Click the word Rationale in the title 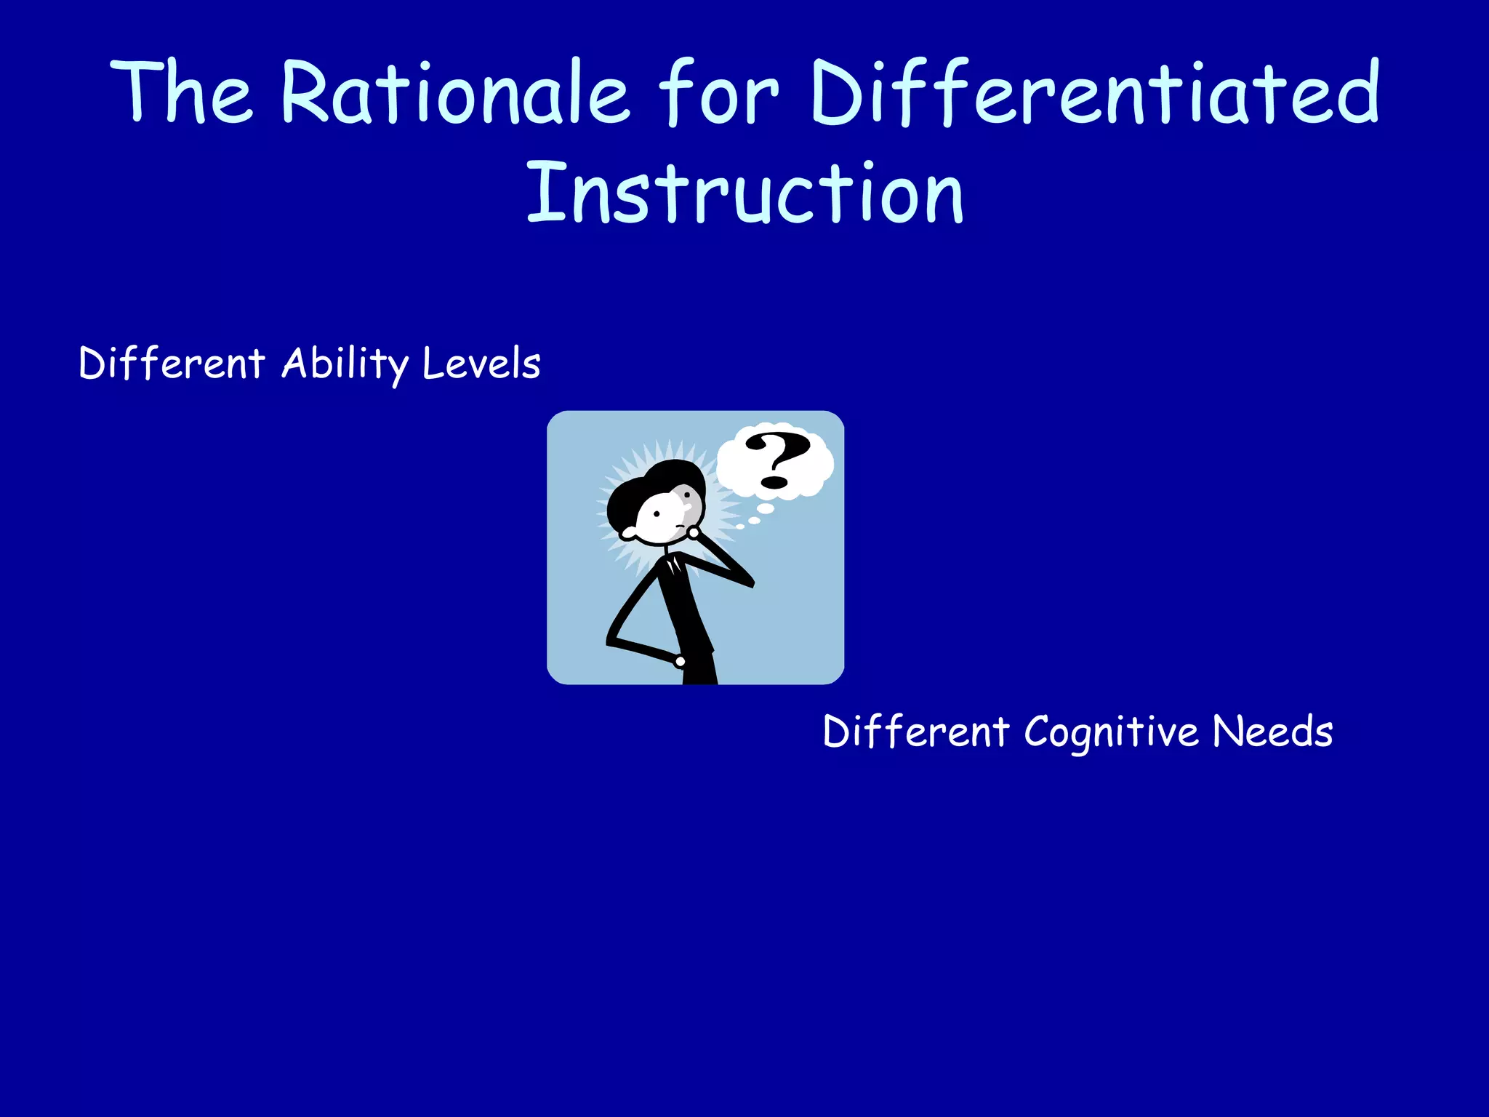coord(454,93)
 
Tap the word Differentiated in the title coord(1094,93)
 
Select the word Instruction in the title coord(744,193)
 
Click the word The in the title coord(182,93)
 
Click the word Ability coord(345,364)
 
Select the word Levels coord(481,364)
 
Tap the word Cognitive coord(1111,732)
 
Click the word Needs coord(1272,732)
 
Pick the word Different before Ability coord(172,364)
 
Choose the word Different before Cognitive coord(916,732)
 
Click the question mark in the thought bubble coord(776,460)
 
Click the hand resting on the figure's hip coord(680,661)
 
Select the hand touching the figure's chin coord(694,533)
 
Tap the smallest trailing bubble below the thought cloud coord(740,527)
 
